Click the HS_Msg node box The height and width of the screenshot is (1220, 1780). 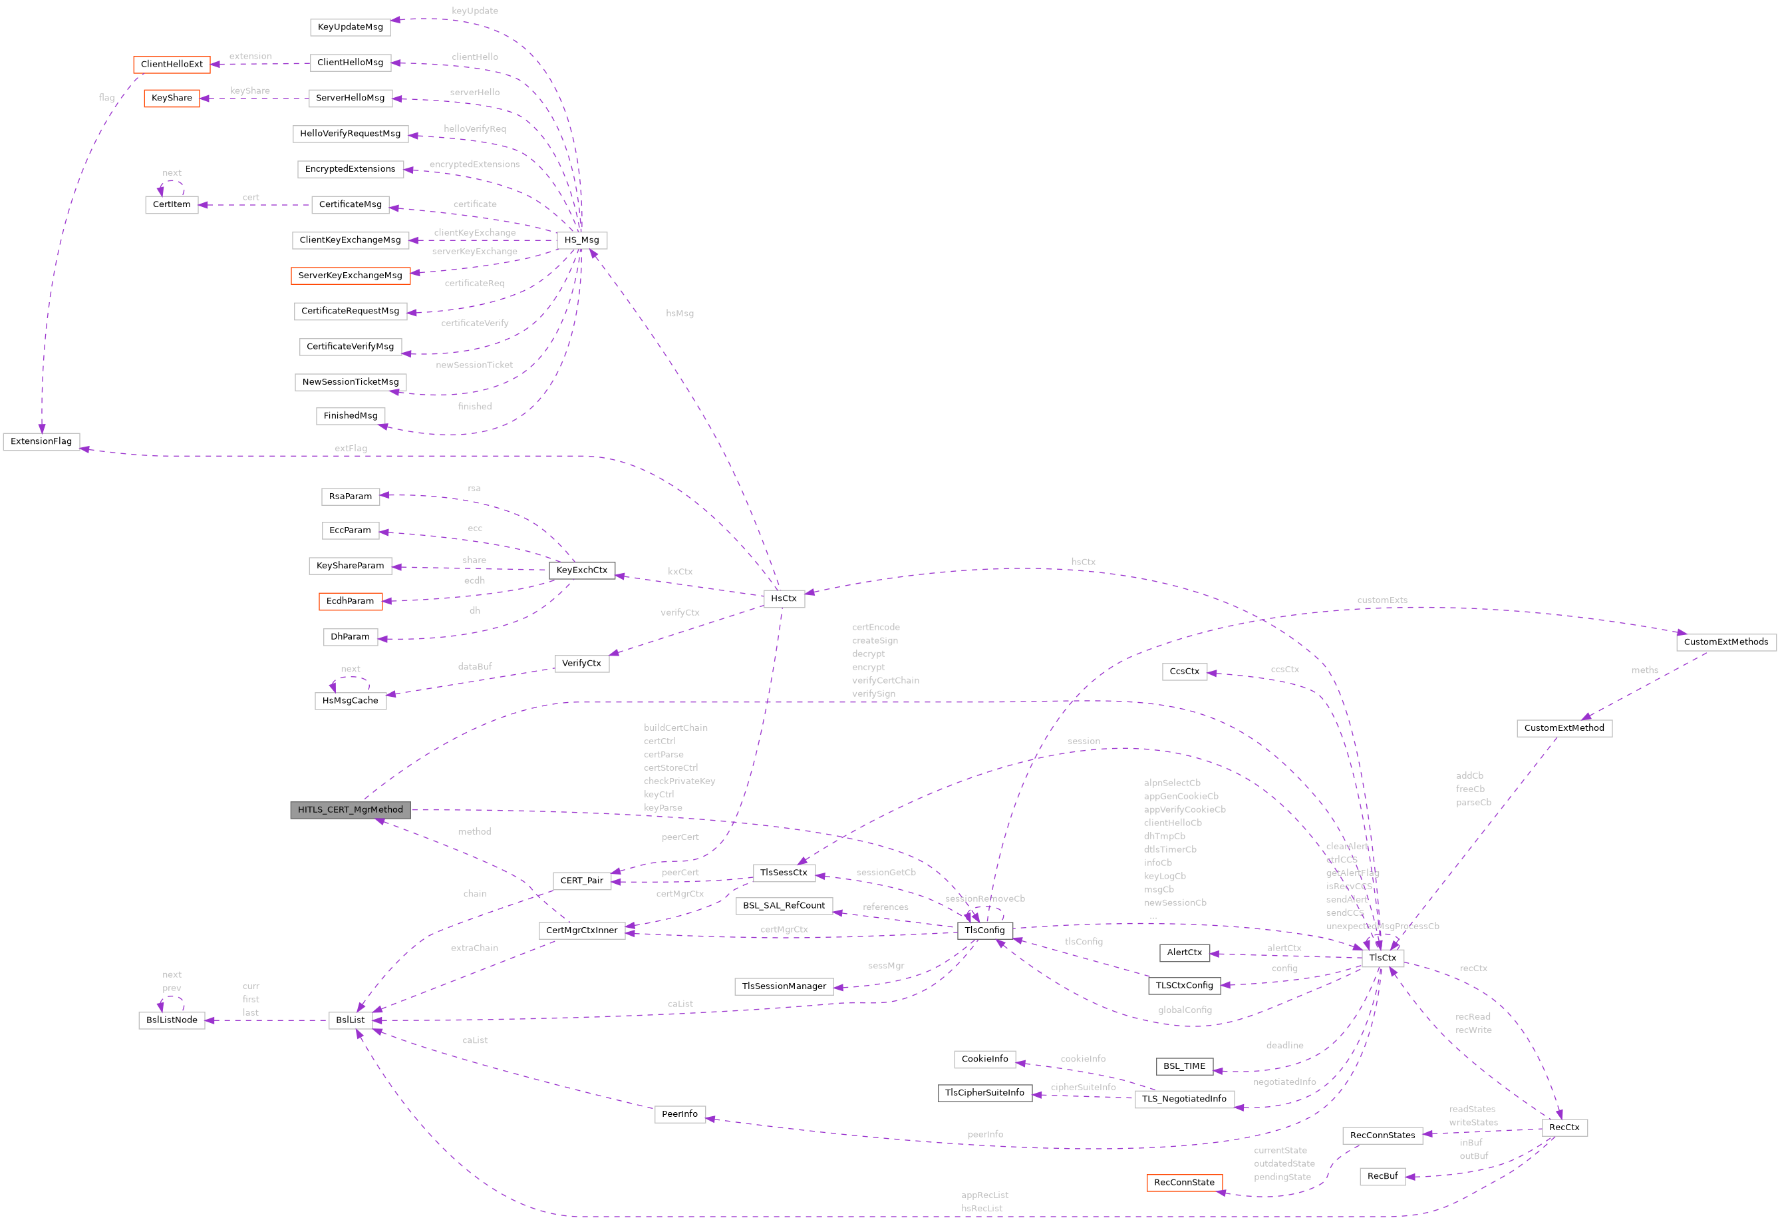pos(581,240)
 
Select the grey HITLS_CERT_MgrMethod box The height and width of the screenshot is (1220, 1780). pos(350,809)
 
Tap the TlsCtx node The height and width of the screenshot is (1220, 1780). pos(1382,957)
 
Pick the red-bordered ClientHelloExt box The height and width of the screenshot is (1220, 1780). pos(172,65)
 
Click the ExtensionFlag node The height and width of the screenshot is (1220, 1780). pos(41,441)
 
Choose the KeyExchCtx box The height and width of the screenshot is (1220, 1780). pos(581,570)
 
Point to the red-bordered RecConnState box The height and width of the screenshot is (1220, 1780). pos(1184,1183)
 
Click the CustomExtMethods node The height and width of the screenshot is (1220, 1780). pos(1725,642)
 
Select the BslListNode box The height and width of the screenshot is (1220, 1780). pos(172,1020)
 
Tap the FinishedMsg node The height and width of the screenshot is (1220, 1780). pos(350,415)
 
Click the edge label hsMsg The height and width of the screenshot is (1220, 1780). pos(679,313)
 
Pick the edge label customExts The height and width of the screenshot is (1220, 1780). pos(1382,600)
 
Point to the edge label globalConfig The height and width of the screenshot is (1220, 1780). pos(1184,1010)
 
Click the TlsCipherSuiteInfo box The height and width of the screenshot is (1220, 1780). pos(984,1093)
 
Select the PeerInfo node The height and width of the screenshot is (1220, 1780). pos(679,1114)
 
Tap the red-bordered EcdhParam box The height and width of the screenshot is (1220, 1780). pos(350,601)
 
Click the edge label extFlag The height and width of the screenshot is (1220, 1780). pos(351,449)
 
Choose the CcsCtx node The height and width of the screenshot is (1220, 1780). pos(1184,672)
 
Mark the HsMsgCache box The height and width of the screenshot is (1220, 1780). pos(350,700)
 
